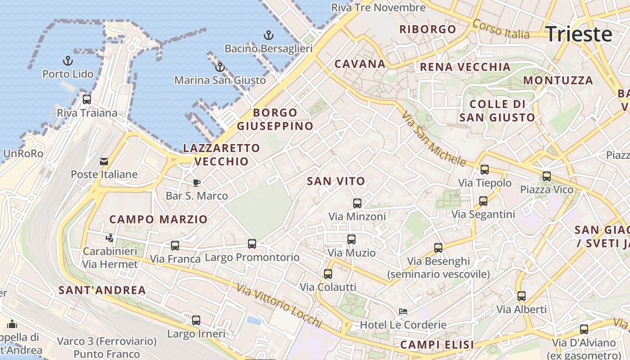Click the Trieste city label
point(579,34)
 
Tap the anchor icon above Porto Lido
point(67,60)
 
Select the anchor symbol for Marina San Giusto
point(220,67)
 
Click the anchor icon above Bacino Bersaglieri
point(269,35)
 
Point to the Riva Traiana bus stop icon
point(87,99)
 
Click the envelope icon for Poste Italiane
point(104,161)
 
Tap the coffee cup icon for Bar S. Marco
point(197,182)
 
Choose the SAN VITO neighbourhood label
point(336,181)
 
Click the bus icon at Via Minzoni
point(357,203)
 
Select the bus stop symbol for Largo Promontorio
point(252,244)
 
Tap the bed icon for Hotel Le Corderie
point(403,311)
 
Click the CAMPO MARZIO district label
point(158,220)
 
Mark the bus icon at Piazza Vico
point(547,176)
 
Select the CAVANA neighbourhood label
point(360,64)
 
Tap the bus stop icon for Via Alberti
point(522,296)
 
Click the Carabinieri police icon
point(110,237)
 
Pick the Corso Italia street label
point(501,29)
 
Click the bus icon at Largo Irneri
point(196,320)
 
